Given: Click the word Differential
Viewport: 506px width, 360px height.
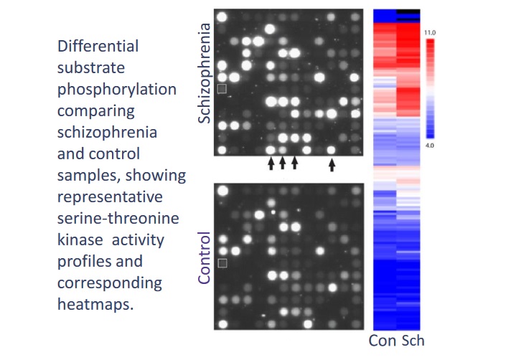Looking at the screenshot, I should point(98,47).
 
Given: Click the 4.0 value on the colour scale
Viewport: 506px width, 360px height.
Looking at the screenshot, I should point(431,145).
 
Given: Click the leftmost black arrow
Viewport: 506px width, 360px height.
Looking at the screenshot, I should point(271,164).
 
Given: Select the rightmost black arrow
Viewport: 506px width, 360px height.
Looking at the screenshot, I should point(332,164).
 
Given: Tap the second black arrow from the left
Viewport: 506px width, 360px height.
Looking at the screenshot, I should point(283,164).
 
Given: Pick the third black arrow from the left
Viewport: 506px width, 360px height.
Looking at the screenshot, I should point(294,164).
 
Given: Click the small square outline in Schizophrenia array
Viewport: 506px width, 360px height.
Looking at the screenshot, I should point(222,88).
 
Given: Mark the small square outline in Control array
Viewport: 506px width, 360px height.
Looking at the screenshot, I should point(222,263).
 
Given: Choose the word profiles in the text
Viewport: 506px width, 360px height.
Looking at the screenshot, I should point(83,262).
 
